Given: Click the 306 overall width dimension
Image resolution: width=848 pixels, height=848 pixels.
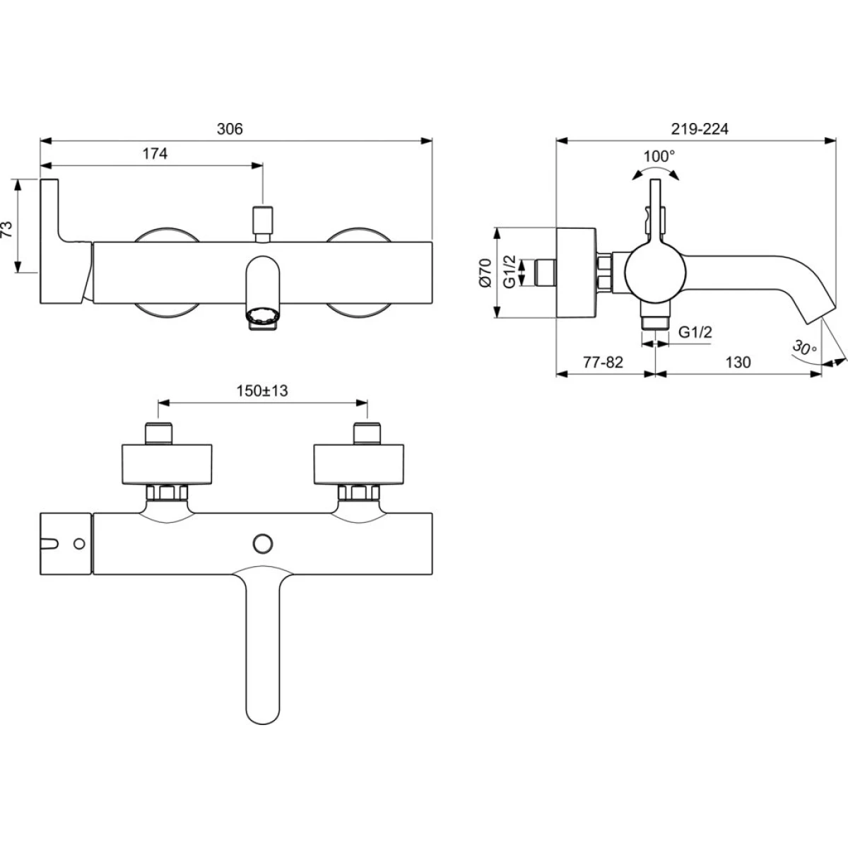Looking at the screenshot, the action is click(x=230, y=129).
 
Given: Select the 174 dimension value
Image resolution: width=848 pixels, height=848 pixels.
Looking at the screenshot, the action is click(x=155, y=153).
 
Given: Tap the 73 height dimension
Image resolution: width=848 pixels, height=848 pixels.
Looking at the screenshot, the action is click(x=7, y=230).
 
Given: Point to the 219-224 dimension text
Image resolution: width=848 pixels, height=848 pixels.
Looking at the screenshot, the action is click(x=700, y=129).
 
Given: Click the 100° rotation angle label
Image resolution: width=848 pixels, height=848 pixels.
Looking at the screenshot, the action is click(x=659, y=156).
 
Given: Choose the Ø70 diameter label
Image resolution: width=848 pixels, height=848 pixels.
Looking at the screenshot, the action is click(x=485, y=273).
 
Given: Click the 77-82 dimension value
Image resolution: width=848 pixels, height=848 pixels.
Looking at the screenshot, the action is click(x=603, y=363).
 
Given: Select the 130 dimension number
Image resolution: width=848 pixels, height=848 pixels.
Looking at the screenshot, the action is click(x=738, y=363).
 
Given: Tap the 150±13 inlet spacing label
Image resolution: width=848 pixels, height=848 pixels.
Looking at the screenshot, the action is click(x=262, y=390).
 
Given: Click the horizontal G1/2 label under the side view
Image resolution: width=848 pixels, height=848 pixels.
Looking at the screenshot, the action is click(x=695, y=331).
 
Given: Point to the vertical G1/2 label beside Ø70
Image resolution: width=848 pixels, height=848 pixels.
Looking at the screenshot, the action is click(x=509, y=271).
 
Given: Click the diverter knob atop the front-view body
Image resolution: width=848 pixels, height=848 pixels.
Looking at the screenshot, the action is click(x=262, y=224).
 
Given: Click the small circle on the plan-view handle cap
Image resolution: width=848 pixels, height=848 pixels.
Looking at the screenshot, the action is click(x=79, y=544).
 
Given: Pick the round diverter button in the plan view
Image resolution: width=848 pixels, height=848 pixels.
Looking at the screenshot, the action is click(x=263, y=543).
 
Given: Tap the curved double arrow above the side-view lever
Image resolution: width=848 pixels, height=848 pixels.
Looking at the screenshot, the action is click(x=655, y=172).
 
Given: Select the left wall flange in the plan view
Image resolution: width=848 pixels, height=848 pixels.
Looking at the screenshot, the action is click(x=166, y=465).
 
